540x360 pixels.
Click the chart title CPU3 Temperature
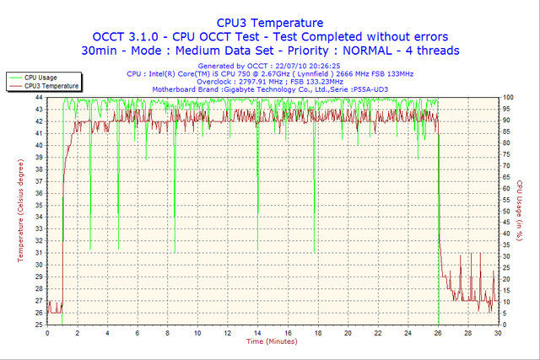(269, 22)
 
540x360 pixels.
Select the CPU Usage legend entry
(42, 78)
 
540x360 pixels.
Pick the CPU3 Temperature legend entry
(51, 86)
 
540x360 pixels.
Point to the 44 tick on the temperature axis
(39, 97)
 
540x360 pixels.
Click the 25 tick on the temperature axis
(39, 325)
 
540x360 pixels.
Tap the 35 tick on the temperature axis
(39, 205)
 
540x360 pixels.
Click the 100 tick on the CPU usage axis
(508, 97)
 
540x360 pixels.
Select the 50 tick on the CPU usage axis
(506, 211)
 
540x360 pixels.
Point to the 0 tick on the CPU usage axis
(504, 325)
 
